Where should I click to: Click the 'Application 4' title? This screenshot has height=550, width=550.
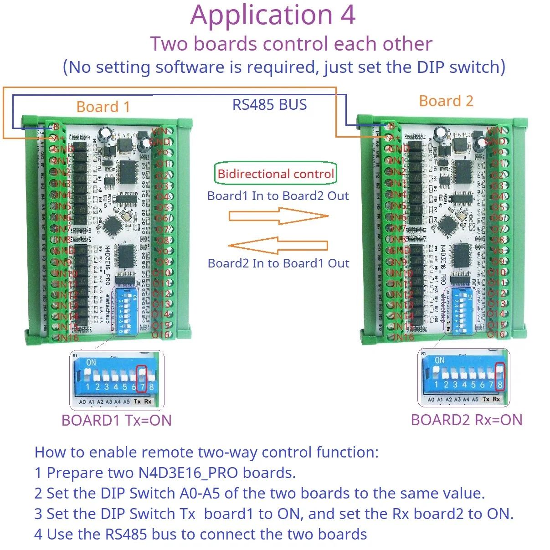(x=272, y=15)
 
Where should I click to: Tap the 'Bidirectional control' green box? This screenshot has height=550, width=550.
(x=276, y=174)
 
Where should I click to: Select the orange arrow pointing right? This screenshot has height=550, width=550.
(x=278, y=216)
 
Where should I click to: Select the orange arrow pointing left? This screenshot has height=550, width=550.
(x=278, y=246)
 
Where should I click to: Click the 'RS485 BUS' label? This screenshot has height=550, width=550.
(x=269, y=105)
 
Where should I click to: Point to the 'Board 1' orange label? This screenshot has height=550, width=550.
(x=103, y=107)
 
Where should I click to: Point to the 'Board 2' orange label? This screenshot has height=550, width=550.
(x=446, y=101)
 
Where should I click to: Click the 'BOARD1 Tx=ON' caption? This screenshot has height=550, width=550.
(x=117, y=420)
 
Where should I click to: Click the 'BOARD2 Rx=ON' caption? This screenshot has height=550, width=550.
(x=467, y=420)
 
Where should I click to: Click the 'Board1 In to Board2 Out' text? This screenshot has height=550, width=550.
(x=278, y=196)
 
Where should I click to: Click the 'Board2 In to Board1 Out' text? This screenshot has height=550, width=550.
(x=278, y=263)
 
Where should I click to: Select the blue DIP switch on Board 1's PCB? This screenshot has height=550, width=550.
(x=126, y=310)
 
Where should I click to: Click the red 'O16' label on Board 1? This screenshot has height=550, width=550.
(x=160, y=335)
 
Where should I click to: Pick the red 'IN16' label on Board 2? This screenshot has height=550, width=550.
(x=403, y=337)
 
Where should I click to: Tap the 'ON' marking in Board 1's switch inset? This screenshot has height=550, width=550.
(x=91, y=363)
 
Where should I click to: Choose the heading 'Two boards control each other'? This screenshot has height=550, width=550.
(x=291, y=44)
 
